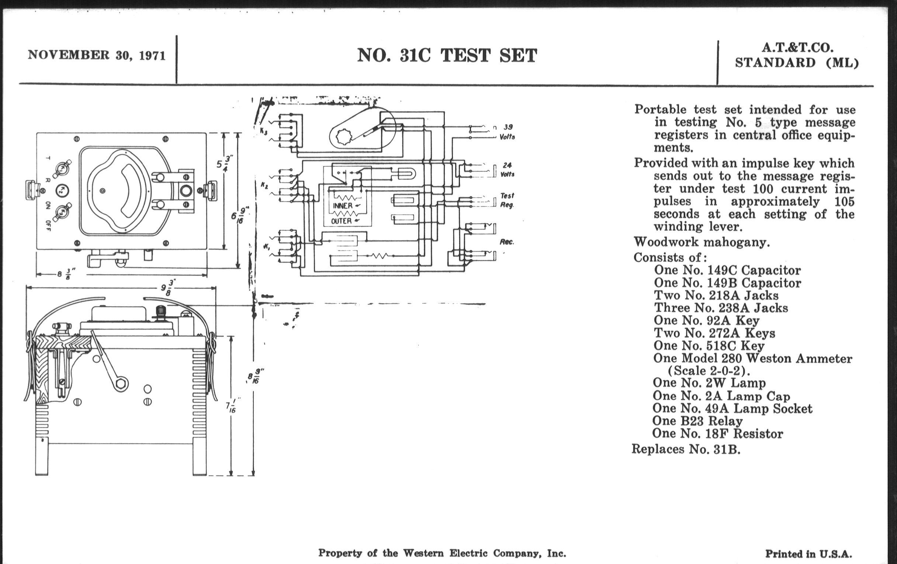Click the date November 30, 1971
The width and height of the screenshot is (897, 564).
point(97,55)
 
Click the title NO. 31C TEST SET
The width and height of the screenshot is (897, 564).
point(447,56)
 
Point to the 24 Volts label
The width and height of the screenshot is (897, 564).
point(507,170)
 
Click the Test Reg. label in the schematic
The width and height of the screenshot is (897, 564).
point(507,200)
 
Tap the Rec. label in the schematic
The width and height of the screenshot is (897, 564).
point(507,242)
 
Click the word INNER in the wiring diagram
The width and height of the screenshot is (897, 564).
point(343,206)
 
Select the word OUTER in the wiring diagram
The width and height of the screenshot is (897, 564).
point(342,221)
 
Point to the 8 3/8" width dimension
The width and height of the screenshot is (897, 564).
point(65,274)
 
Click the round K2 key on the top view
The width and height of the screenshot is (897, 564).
point(62,191)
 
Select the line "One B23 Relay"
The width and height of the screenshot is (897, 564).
point(697,421)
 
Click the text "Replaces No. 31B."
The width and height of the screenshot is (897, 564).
point(686,449)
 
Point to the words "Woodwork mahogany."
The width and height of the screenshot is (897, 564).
point(702,242)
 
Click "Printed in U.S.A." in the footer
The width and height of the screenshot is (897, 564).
point(808,554)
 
